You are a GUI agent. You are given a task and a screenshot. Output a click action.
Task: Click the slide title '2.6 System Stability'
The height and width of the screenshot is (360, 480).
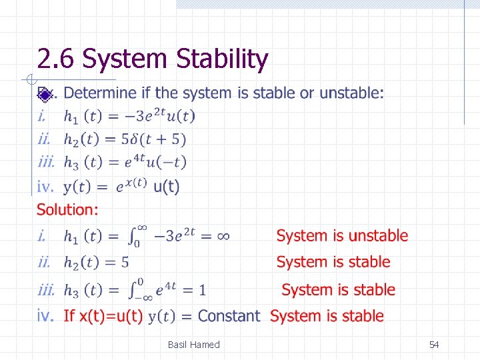pyautogui.click(x=153, y=59)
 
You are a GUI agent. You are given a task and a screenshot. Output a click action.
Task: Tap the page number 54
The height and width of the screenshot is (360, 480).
pyautogui.click(x=434, y=345)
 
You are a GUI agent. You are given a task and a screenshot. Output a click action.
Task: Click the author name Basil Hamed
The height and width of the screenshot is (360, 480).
pyautogui.click(x=193, y=345)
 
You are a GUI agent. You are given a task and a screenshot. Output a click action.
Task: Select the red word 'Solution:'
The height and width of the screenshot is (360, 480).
pyautogui.click(x=67, y=210)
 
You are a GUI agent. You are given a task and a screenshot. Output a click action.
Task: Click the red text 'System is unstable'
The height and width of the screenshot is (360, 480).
pyautogui.click(x=342, y=235)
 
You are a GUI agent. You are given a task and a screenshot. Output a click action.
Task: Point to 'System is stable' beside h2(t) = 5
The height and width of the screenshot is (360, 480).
pyautogui.click(x=333, y=262)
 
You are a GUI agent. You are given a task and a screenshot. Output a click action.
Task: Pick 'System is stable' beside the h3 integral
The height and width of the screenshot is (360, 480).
pyautogui.click(x=338, y=290)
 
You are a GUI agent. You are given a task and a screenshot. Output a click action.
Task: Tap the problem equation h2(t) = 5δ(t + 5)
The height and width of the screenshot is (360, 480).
pyautogui.click(x=125, y=139)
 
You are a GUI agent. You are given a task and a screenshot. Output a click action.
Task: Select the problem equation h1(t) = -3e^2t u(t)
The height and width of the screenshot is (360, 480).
pyautogui.click(x=129, y=116)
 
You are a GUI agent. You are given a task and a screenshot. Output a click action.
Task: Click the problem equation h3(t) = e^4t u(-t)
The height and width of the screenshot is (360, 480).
pyautogui.click(x=125, y=162)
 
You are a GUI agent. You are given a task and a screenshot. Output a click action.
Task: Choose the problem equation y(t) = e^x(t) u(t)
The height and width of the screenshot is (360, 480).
pyautogui.click(x=121, y=187)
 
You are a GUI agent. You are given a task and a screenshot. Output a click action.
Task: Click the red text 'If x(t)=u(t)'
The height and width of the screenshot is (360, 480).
pyautogui.click(x=103, y=316)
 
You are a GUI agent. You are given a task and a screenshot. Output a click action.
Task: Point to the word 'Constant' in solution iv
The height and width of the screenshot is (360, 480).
pyautogui.click(x=229, y=316)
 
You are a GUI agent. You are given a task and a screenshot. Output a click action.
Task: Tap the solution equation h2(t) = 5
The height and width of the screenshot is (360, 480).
pyautogui.click(x=97, y=263)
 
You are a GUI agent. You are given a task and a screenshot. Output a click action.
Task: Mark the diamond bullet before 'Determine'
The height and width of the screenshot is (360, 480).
pyautogui.click(x=44, y=94)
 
